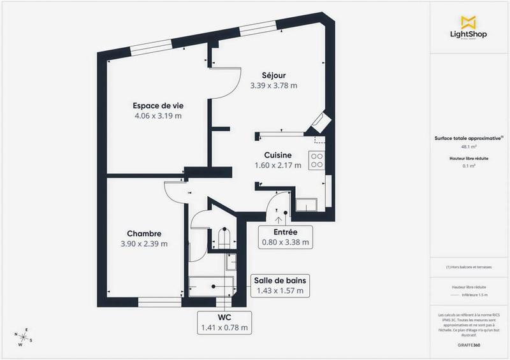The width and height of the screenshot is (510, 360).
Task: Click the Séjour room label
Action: (x=273, y=75)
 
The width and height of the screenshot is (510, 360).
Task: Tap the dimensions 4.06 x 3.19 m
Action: (x=157, y=116)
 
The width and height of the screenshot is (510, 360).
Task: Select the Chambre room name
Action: (x=143, y=233)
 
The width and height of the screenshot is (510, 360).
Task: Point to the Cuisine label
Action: (x=278, y=155)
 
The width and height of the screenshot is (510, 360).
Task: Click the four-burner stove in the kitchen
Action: (x=316, y=160)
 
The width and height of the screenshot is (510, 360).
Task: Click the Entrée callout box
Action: (x=285, y=236)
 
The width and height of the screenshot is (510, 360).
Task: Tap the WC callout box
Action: (x=224, y=322)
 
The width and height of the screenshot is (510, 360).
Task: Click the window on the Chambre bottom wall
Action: (x=157, y=303)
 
